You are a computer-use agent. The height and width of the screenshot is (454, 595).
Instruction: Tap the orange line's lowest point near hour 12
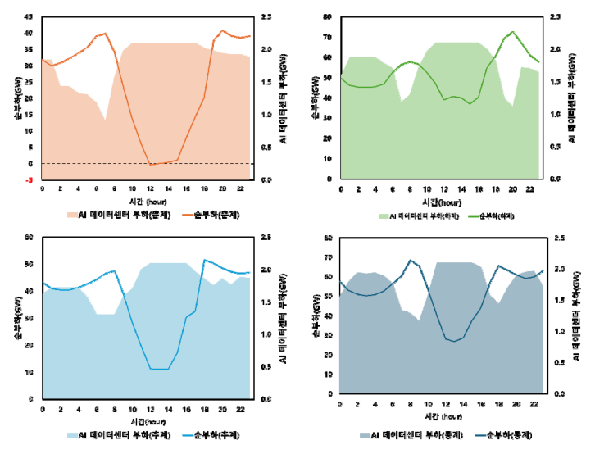pyautogui.click(x=152, y=165)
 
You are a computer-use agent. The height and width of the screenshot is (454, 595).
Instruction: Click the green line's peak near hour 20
pyautogui.click(x=512, y=32)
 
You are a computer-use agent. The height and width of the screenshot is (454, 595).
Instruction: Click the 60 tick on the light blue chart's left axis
pyautogui.click(x=30, y=238)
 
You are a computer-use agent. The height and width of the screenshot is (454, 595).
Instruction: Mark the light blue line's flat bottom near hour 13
pyautogui.click(x=159, y=369)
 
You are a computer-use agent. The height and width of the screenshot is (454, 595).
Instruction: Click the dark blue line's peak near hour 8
pyautogui.click(x=410, y=260)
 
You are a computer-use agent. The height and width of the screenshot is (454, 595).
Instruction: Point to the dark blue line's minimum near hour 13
pyautogui.click(x=454, y=341)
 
